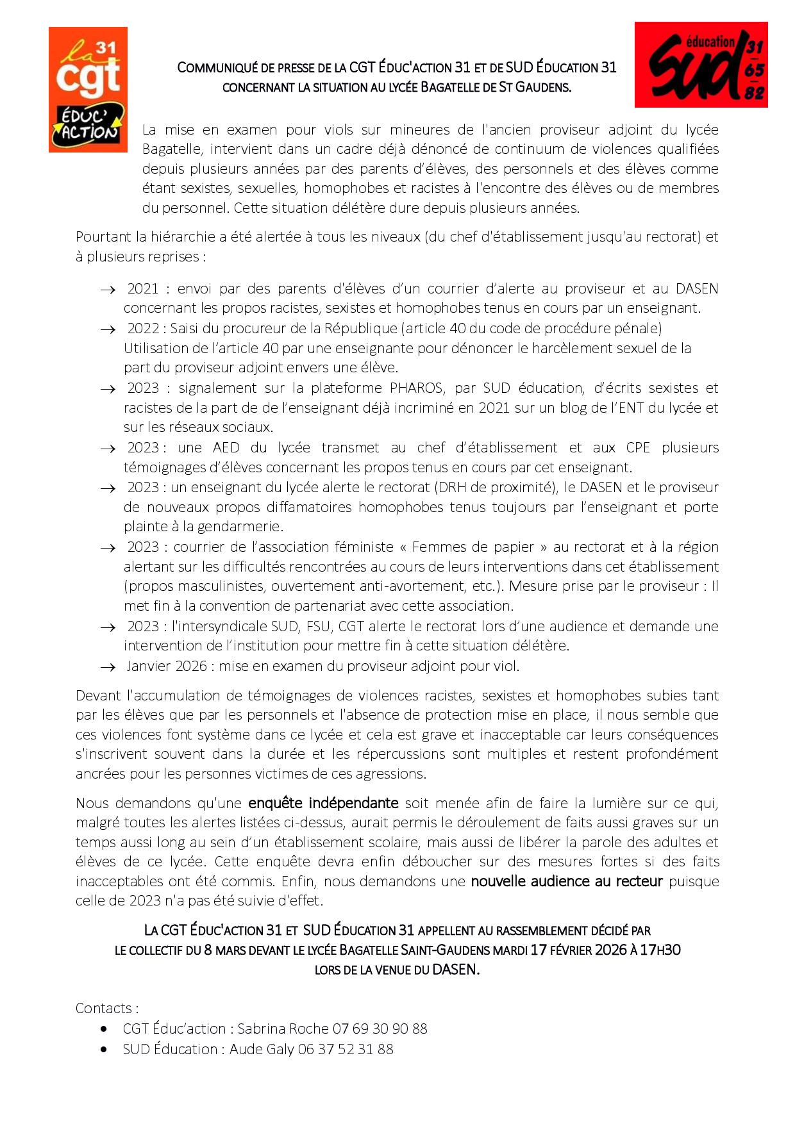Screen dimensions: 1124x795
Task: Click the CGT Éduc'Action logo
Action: point(88,90)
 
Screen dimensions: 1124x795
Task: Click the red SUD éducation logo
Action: point(701,65)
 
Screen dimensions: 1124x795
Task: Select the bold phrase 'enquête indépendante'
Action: point(323,803)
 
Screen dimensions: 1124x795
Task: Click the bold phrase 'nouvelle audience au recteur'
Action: point(566,881)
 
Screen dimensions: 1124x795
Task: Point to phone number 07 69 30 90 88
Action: point(380,1029)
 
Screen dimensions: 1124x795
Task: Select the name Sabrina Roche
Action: point(282,1029)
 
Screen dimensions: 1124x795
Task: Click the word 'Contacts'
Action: point(103,1008)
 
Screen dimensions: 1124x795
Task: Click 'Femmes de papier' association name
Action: point(473,547)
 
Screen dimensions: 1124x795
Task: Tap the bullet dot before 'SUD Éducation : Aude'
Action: point(104,1049)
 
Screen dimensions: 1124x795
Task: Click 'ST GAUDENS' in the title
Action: point(535,87)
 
